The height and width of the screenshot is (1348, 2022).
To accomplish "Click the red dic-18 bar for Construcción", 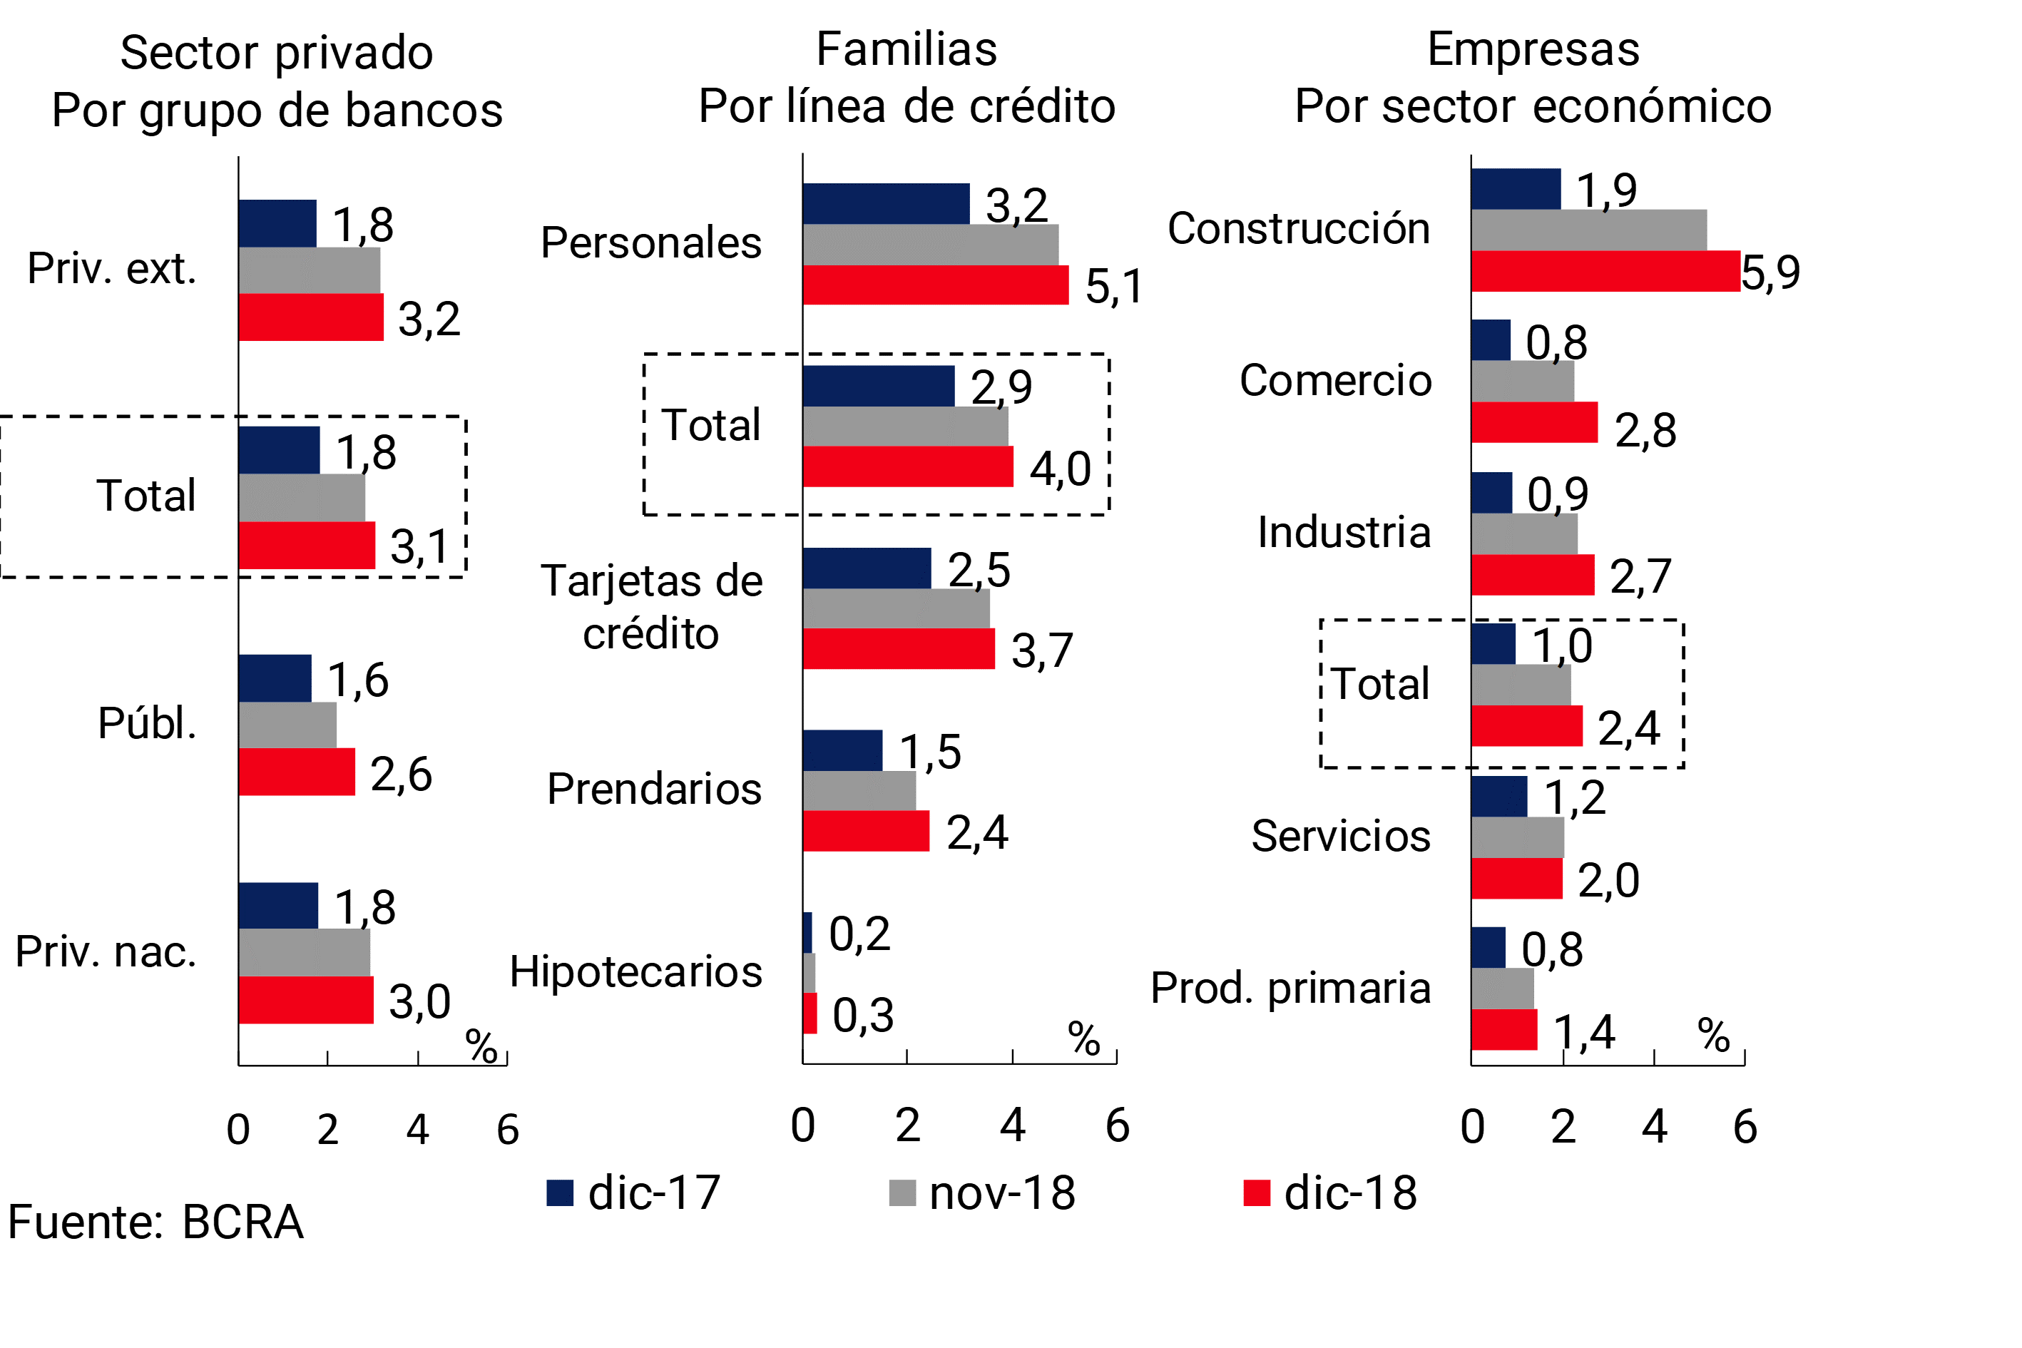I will tap(1604, 272).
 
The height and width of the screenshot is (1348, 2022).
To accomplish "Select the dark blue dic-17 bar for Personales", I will tap(886, 204).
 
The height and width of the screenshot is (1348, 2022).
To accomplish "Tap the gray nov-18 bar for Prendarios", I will tap(859, 791).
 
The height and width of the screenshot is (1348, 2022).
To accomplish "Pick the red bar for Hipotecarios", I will tap(810, 1013).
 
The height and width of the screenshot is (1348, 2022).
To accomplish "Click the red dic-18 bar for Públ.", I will tap(297, 772).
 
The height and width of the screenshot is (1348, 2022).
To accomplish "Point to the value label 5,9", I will tap(1770, 273).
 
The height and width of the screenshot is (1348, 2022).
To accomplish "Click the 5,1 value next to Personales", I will tap(1113, 286).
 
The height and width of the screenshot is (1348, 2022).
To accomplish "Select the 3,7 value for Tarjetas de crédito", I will tap(1041, 650).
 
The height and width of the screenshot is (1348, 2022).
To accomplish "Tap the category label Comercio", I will tap(1335, 381).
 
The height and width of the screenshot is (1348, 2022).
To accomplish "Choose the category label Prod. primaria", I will tap(1290, 988).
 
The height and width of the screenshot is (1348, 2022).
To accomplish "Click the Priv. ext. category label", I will tap(112, 269).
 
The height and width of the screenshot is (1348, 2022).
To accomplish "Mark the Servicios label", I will tap(1340, 837).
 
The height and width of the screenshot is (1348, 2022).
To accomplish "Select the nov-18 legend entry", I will tap(983, 1193).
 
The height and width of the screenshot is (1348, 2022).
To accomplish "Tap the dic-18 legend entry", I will tap(1331, 1193).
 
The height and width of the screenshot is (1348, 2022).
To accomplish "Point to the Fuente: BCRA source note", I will tap(155, 1222).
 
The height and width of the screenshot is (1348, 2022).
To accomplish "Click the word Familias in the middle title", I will tap(906, 49).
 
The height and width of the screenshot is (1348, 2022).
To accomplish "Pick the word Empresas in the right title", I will tap(1533, 49).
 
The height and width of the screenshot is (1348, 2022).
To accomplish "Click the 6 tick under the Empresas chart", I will tap(1745, 1127).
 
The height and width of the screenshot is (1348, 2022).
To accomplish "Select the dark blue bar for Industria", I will tap(1491, 493).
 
